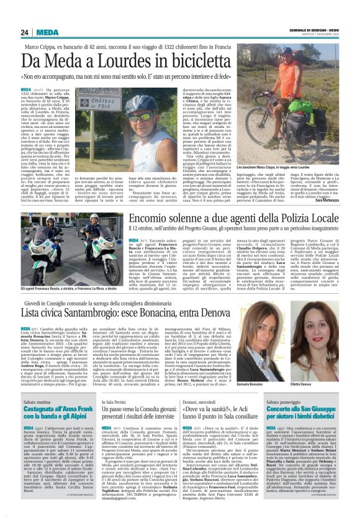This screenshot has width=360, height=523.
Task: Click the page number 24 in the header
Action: (24, 33)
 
